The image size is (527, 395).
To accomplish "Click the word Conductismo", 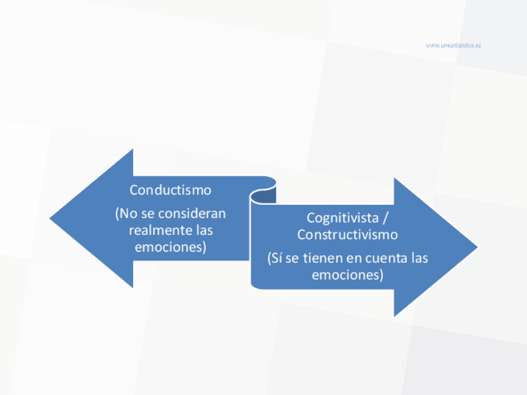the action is pos(170,190).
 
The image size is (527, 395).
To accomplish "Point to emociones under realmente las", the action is pos(170,247).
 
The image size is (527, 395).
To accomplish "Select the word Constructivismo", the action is pos(347,235).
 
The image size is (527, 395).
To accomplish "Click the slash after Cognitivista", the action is pos(386,218).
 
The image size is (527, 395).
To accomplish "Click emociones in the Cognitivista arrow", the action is pos(347,274).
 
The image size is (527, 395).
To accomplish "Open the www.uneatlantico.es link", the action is pos(453,45).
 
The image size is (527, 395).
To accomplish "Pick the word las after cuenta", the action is pos(419,258).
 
